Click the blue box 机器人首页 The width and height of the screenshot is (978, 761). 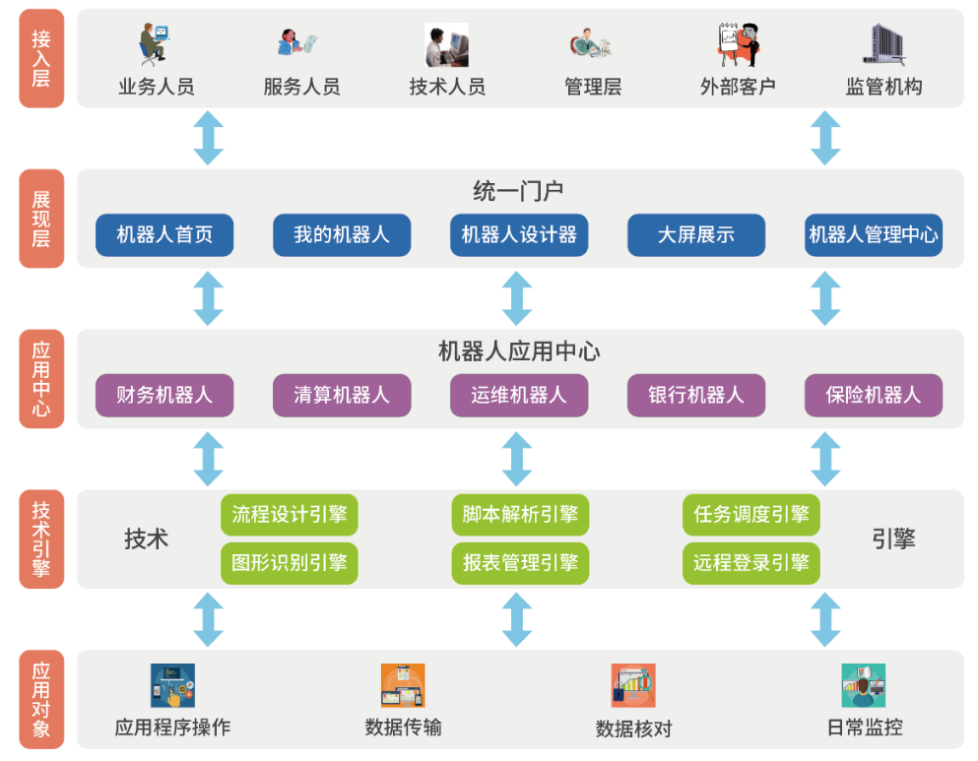coord(164,235)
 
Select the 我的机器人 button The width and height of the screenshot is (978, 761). coord(342,235)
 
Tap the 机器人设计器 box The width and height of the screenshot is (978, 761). coord(519,235)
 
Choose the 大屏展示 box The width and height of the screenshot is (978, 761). coord(696,235)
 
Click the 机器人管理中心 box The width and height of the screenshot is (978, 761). coord(874,235)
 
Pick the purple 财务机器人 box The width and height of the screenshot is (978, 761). coord(164,395)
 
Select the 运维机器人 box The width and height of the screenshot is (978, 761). coord(519,395)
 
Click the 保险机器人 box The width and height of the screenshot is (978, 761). coord(874,395)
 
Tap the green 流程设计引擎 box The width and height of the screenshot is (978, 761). coord(290,515)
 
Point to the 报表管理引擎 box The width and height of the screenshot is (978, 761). coord(520,563)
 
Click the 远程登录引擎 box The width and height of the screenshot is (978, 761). coord(750,563)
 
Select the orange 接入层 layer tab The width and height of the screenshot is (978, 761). coord(41,59)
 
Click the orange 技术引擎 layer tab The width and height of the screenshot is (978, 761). coord(41,539)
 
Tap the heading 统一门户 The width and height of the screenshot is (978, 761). coord(518,191)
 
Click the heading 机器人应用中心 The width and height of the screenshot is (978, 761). coord(519,351)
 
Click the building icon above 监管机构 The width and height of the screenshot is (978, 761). coord(884,45)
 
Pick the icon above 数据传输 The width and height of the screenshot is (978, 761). coord(403,685)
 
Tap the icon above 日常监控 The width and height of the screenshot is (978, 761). coord(864,685)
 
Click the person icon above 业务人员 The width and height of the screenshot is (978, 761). coord(154,45)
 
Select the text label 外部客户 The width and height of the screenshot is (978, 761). coord(738,87)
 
